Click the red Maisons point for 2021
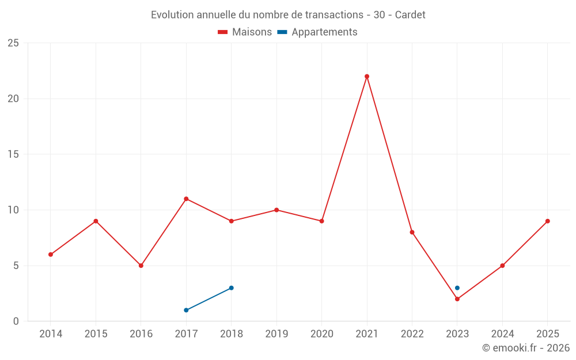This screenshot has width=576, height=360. click(367, 77)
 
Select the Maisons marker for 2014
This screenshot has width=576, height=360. click(51, 255)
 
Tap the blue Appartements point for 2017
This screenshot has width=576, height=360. click(186, 310)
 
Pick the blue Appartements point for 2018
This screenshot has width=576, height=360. click(231, 288)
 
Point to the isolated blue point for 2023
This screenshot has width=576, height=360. click(457, 288)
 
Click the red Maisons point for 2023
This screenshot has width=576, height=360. click(457, 299)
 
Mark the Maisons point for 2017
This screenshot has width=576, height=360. click(186, 199)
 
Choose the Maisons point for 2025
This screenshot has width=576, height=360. click(548, 221)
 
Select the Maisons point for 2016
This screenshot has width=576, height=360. click(141, 266)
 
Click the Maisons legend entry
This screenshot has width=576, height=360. click(245, 32)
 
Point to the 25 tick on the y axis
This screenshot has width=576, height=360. click(13, 43)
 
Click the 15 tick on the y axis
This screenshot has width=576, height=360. click(13, 154)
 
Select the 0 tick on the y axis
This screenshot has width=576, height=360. click(16, 321)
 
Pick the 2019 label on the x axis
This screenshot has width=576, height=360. click(276, 334)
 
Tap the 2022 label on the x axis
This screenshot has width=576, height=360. click(412, 334)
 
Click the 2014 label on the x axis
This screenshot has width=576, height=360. click(51, 334)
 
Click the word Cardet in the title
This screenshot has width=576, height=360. click(410, 15)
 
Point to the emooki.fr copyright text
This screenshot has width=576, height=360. click(526, 348)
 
